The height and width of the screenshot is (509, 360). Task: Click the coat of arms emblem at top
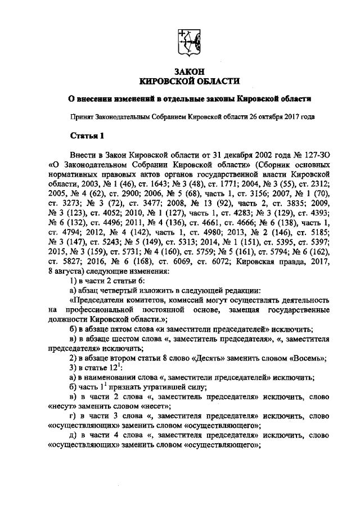(186, 40)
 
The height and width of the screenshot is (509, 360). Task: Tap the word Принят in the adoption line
(79, 118)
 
